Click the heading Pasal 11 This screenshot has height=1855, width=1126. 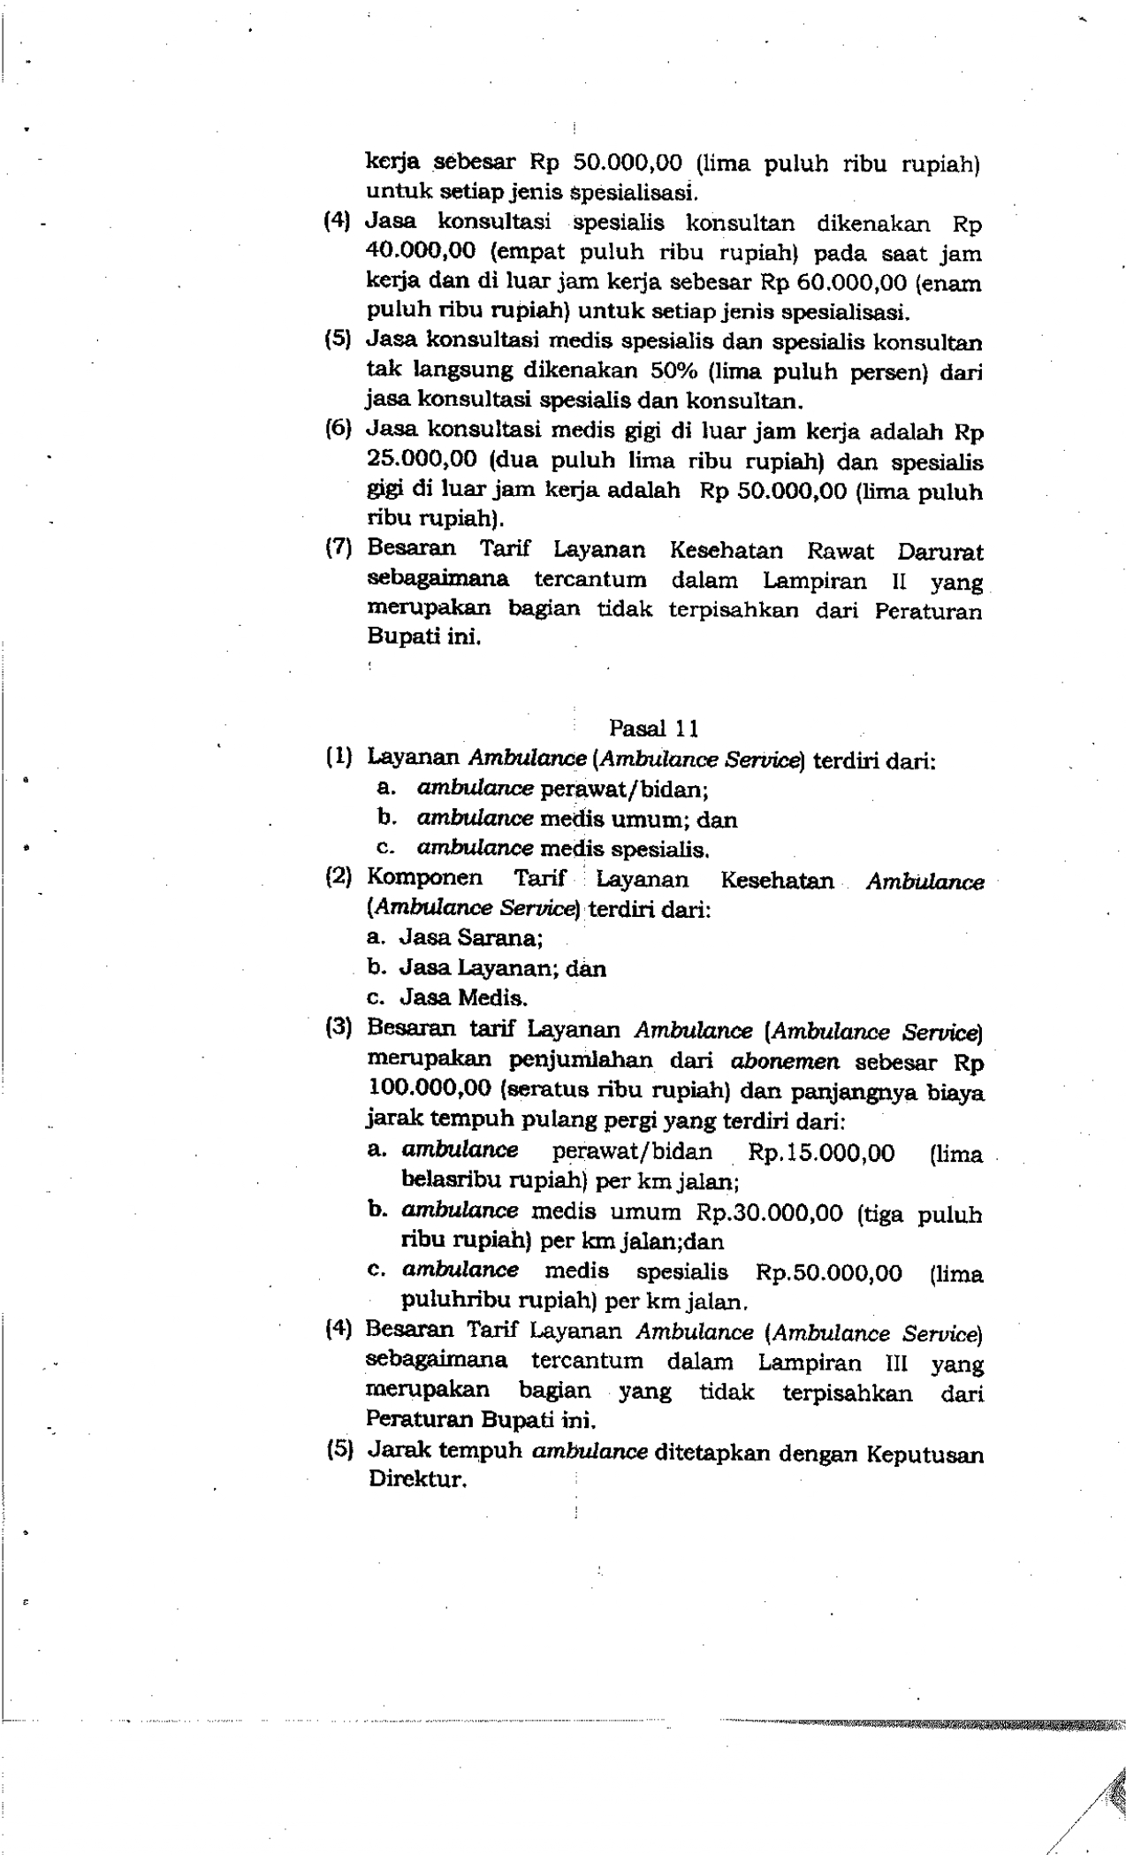pyautogui.click(x=653, y=729)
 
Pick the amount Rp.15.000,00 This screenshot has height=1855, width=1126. pyautogui.click(x=821, y=1153)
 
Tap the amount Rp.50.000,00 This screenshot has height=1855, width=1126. pyautogui.click(x=829, y=1273)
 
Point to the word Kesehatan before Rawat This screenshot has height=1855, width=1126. pyautogui.click(x=727, y=552)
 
